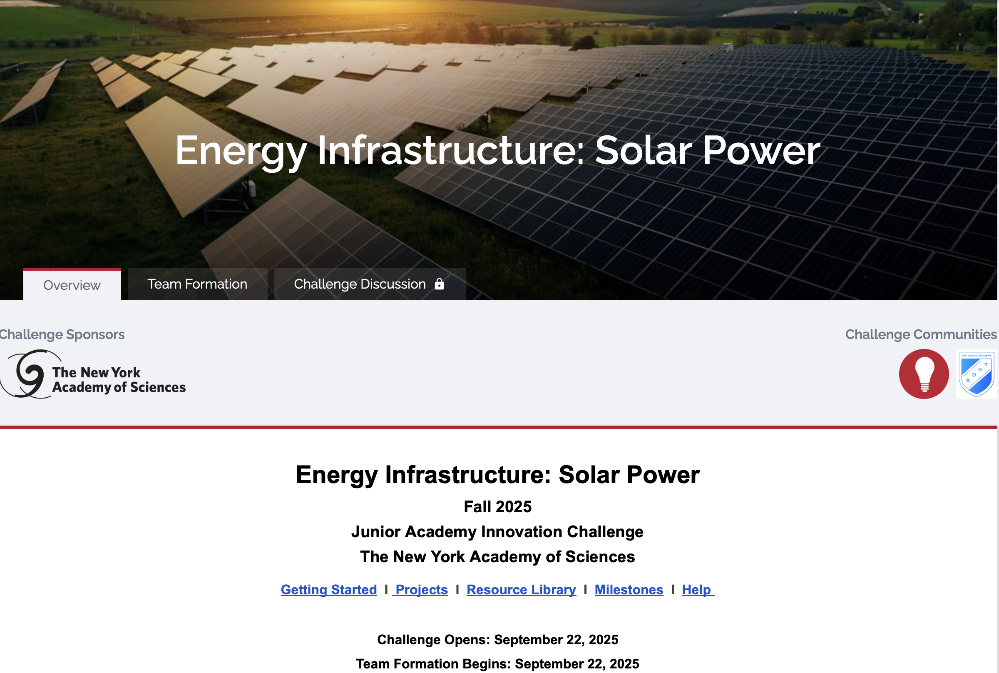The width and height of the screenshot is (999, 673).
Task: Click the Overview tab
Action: tap(72, 284)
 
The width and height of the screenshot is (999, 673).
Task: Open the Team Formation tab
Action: tap(197, 284)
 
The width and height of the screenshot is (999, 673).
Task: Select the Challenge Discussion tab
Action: tap(370, 284)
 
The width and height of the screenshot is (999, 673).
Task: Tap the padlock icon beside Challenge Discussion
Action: tap(439, 284)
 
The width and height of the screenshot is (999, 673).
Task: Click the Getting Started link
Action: tap(329, 590)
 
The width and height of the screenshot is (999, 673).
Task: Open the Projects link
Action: tap(420, 590)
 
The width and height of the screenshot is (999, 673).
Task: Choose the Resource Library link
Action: tap(521, 590)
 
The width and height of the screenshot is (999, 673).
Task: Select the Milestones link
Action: tap(629, 590)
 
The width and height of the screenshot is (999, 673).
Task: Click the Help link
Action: tap(698, 590)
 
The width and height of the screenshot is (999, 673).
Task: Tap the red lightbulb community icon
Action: tap(924, 374)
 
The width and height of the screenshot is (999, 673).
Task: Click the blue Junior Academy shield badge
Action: tap(977, 374)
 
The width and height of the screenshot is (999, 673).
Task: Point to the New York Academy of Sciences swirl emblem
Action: tap(27, 374)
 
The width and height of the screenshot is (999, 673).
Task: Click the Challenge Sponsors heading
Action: tap(62, 334)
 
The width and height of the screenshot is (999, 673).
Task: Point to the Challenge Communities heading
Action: tap(921, 334)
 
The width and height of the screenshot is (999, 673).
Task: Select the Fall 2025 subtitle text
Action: tap(497, 507)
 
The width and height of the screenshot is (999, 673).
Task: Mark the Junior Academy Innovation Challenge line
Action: tap(497, 532)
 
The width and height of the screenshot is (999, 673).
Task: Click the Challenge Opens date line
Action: tap(497, 640)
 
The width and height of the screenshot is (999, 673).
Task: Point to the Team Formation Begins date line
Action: tap(497, 663)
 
